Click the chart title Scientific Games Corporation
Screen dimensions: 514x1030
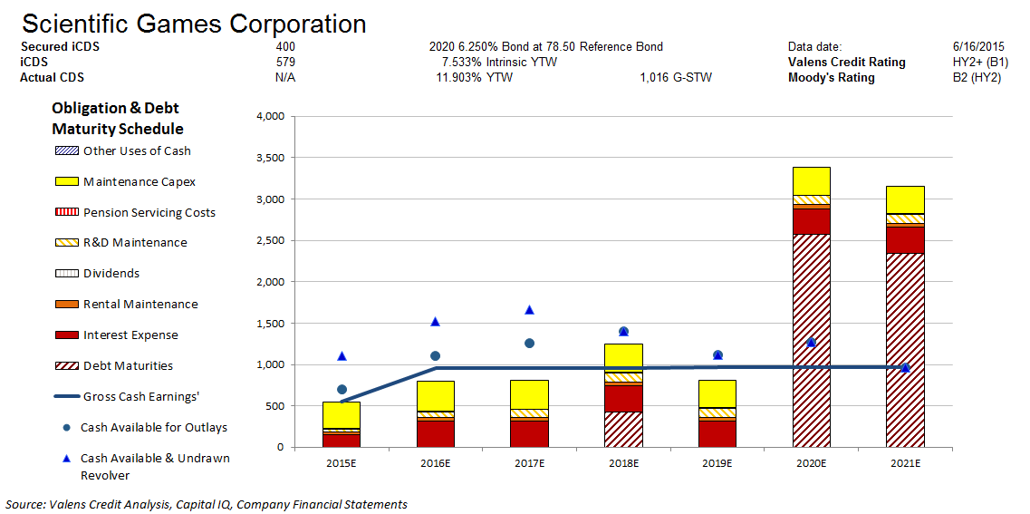tap(194, 24)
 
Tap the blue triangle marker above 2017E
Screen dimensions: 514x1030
tap(529, 310)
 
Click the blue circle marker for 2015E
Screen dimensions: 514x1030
tap(342, 389)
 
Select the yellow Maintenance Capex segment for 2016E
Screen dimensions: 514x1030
tap(435, 396)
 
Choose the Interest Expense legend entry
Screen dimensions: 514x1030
tap(130, 335)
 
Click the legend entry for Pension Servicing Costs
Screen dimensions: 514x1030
tap(149, 213)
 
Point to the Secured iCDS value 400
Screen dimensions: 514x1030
tap(285, 46)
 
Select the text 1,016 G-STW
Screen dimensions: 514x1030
tap(675, 78)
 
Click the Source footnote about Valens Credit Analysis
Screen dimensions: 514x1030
tap(207, 504)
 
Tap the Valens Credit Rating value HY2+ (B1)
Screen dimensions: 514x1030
tap(968, 62)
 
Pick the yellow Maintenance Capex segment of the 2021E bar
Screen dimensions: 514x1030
tap(905, 199)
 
